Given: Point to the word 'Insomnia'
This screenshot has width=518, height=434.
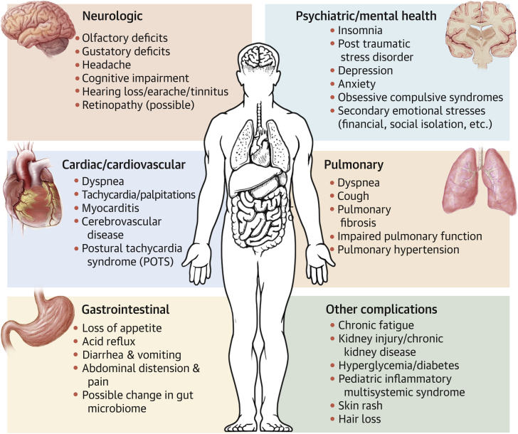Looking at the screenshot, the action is (361, 31).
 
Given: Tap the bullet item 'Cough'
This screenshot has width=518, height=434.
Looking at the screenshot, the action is (353, 196).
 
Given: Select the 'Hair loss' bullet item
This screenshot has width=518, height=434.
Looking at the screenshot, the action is (361, 419).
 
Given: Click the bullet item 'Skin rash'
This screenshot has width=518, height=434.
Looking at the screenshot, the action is (363, 406).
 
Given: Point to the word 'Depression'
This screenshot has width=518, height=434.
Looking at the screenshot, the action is (366, 71).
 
